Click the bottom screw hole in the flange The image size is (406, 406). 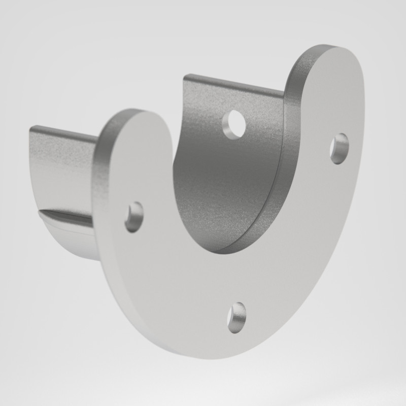[237, 318]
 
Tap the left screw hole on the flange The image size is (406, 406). [134, 217]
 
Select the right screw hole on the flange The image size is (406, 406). [339, 148]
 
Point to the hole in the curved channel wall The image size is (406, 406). [234, 124]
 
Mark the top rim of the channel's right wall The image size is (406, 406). [233, 85]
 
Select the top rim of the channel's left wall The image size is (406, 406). [63, 133]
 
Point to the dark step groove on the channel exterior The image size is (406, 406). [66, 216]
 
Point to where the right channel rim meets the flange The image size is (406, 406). [284, 95]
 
